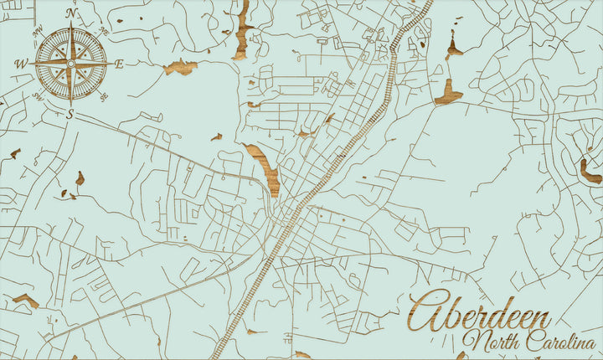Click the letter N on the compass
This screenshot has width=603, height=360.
point(72,13)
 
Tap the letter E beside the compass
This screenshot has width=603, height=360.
point(119,64)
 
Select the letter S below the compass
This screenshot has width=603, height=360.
point(70,114)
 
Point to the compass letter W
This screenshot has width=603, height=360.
point(22,64)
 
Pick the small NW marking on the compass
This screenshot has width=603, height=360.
point(38,33)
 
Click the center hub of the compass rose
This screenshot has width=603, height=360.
point(72,63)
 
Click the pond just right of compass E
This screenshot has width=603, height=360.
point(180,67)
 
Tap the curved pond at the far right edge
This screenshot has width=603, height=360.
point(590,173)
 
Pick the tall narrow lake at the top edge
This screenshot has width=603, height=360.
point(243,29)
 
